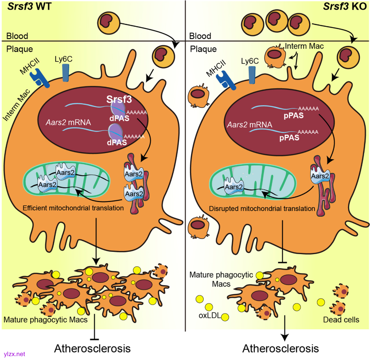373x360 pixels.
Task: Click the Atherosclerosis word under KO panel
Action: pos(280,348)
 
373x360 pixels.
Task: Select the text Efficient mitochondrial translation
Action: pos(73,208)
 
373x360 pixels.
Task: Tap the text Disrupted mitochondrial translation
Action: pos(262,208)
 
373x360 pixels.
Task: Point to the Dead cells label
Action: pos(341,320)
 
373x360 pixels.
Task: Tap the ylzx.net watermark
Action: pos(14,354)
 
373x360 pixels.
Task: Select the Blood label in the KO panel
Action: pos(200,36)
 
